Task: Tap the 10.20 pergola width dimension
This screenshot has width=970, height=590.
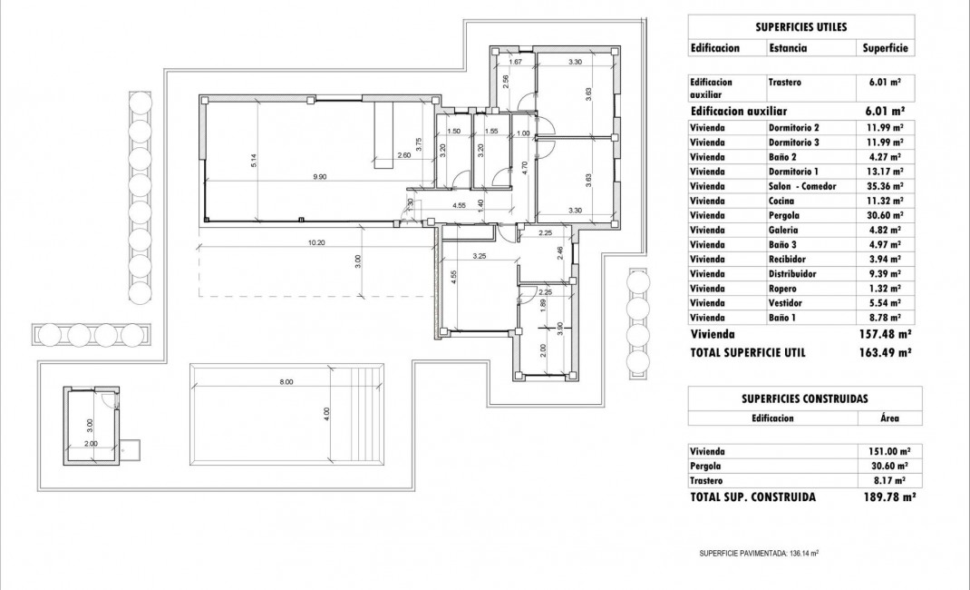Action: [x=316, y=242]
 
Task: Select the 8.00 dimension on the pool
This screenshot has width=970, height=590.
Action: [x=286, y=382]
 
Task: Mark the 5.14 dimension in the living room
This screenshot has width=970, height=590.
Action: [x=255, y=160]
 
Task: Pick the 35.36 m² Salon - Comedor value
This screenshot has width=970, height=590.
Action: [x=884, y=186]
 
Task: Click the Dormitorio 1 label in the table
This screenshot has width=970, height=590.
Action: [x=793, y=172]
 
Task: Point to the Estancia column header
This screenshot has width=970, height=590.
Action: [x=788, y=48]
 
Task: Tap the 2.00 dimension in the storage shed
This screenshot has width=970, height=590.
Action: [x=90, y=444]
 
